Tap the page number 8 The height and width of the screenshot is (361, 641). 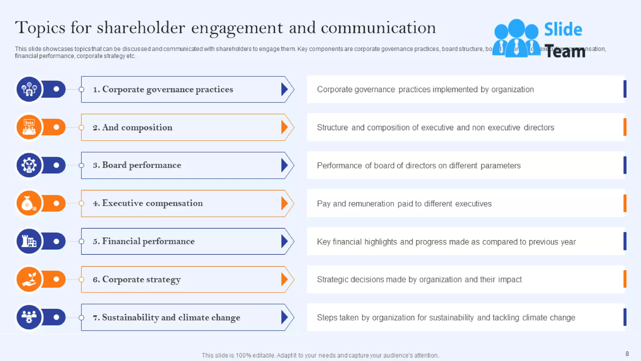(x=627, y=354)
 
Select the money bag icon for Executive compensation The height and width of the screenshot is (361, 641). (x=29, y=203)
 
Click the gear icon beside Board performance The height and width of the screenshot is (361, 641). (x=29, y=165)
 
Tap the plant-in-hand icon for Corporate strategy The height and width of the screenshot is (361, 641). (x=29, y=279)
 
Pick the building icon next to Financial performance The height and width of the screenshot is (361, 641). (x=29, y=241)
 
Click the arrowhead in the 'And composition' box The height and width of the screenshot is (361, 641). (x=284, y=127)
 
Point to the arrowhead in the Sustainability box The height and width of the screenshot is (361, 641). (x=284, y=317)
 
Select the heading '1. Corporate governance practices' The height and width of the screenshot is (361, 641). (x=163, y=89)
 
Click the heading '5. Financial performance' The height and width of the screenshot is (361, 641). (x=144, y=241)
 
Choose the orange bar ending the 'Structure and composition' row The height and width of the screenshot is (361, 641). (x=625, y=127)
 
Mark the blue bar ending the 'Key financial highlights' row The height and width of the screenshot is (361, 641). (x=625, y=241)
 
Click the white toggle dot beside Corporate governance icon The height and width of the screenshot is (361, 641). (x=56, y=89)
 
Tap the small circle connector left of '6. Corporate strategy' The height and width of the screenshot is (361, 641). (x=81, y=279)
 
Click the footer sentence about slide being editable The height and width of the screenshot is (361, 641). (x=320, y=355)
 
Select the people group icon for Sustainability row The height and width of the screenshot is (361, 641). (x=29, y=317)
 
